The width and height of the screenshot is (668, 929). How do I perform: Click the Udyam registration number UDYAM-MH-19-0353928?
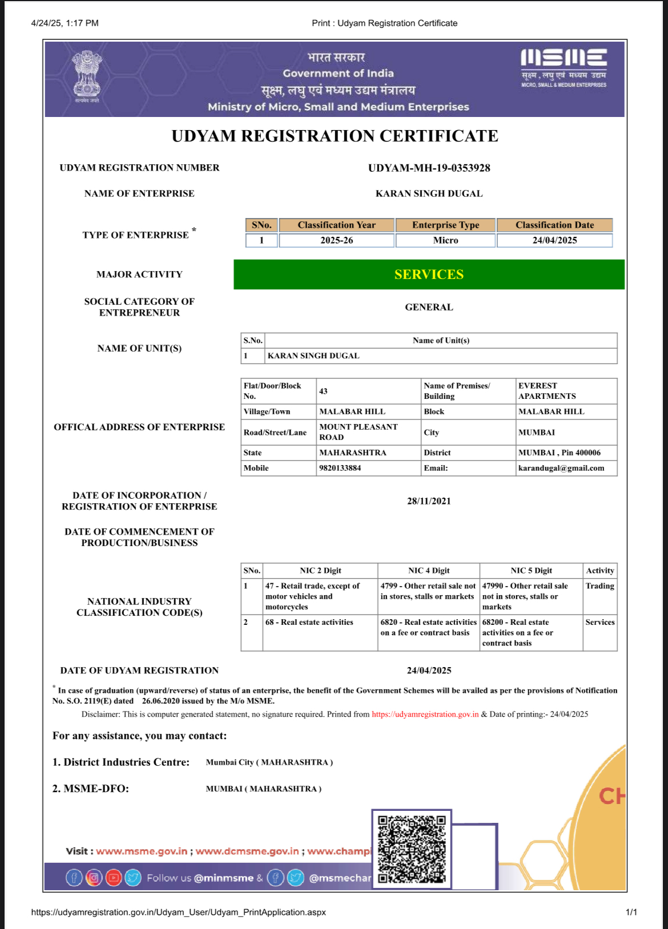[x=429, y=168]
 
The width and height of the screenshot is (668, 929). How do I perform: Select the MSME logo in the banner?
[x=564, y=67]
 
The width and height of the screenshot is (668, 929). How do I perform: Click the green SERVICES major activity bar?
[x=429, y=274]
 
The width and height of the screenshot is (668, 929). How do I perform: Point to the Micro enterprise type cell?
[x=445, y=240]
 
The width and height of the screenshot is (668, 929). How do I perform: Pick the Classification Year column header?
[x=336, y=225]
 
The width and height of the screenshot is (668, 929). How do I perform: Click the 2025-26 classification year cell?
[x=336, y=240]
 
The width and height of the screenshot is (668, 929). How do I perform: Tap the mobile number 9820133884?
[x=340, y=468]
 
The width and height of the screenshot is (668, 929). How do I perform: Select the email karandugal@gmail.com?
[x=561, y=468]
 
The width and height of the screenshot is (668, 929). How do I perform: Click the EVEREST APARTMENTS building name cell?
[x=547, y=391]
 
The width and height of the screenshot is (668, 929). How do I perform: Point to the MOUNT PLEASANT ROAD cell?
[x=359, y=432]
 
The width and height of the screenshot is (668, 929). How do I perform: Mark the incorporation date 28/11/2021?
[x=429, y=501]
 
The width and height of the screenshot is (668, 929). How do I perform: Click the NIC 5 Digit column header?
[x=531, y=571]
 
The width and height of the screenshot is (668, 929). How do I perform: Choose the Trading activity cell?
[x=599, y=586]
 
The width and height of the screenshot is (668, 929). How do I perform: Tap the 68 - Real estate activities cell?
[x=309, y=623]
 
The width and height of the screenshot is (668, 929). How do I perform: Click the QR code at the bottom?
[x=412, y=849]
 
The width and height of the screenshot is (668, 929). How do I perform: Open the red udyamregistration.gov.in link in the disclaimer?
[x=425, y=714]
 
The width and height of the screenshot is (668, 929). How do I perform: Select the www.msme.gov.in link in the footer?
[x=142, y=851]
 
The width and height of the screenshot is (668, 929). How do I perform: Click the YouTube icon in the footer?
[x=114, y=878]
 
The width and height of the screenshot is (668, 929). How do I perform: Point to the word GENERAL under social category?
[x=429, y=307]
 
